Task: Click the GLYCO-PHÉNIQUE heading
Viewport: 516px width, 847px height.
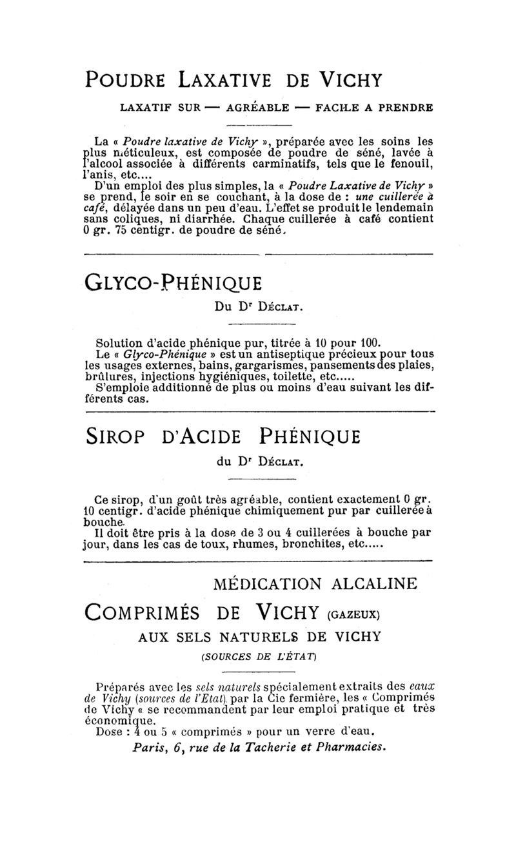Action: (x=174, y=284)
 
